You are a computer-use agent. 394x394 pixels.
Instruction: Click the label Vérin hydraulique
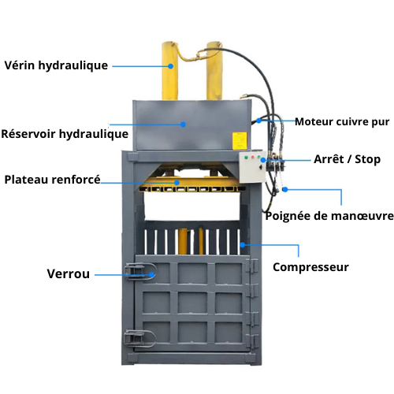[x=56, y=65]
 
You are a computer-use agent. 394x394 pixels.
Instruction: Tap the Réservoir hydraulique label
[x=65, y=134]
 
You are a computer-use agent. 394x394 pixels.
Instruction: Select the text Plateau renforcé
[x=53, y=180]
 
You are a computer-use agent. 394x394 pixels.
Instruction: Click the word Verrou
[x=69, y=274]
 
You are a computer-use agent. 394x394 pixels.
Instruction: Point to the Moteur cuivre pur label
[x=342, y=122]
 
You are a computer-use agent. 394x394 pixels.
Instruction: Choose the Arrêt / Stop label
[x=347, y=159]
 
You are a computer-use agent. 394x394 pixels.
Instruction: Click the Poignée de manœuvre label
[x=329, y=216]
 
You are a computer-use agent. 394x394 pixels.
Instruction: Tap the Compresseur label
[x=310, y=267]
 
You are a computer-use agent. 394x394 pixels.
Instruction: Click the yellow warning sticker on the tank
[x=240, y=141]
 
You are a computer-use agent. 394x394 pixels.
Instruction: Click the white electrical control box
[x=252, y=167]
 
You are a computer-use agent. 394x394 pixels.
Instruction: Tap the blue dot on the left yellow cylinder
[x=171, y=66]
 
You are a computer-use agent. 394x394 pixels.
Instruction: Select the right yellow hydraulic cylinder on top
[x=214, y=71]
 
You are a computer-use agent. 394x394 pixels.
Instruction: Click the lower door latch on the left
[x=139, y=338]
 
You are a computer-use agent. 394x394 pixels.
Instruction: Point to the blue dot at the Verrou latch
[x=152, y=275]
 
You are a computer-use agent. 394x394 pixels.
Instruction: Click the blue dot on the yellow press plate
[x=177, y=183]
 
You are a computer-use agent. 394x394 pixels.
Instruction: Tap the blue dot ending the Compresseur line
[x=243, y=245]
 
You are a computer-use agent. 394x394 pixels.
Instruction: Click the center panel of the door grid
[x=192, y=303]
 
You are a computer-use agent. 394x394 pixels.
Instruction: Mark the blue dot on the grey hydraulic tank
[x=184, y=125]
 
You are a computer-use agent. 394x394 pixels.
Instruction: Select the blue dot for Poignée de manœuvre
[x=285, y=189]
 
